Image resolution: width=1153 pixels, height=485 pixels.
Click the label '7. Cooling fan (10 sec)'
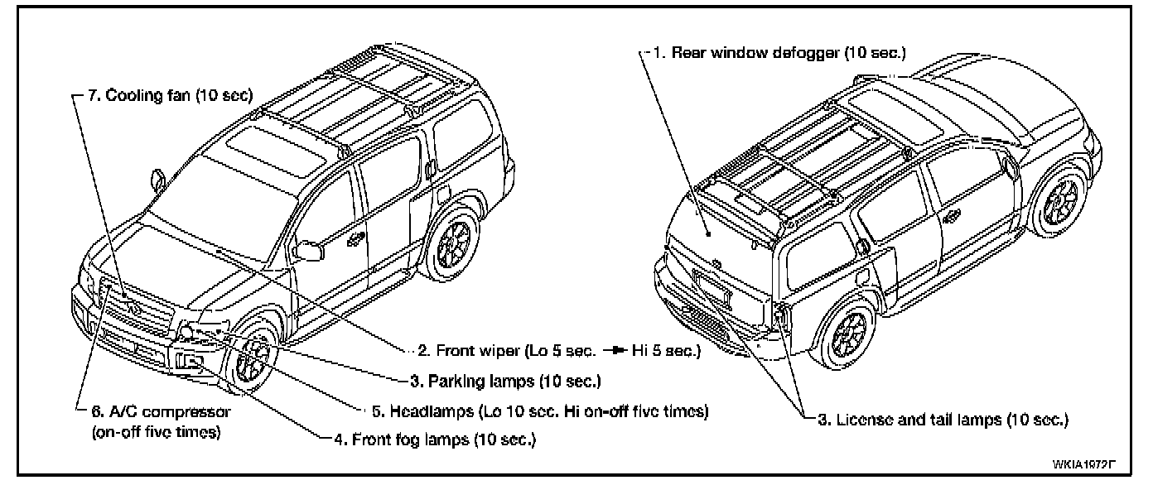point(169,95)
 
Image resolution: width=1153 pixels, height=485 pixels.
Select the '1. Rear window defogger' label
point(788,53)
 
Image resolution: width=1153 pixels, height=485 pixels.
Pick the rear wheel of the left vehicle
point(453,243)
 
